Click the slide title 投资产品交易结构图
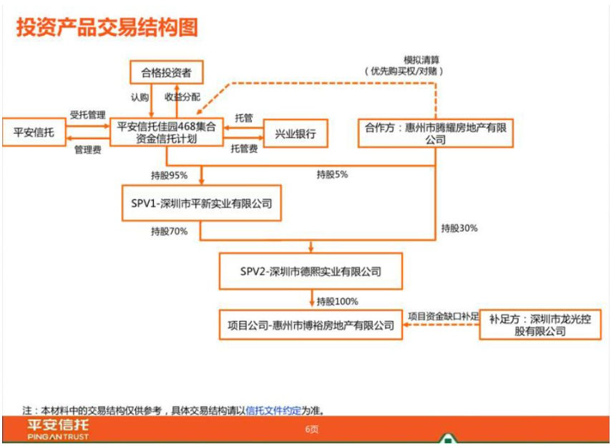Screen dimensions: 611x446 [107, 28]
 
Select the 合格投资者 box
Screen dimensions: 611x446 [167, 72]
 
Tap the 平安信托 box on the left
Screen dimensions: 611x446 [34, 132]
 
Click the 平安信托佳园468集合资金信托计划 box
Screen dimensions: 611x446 [167, 132]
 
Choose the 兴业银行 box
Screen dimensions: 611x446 [295, 134]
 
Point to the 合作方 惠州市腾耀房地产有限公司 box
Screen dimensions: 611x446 [435, 133]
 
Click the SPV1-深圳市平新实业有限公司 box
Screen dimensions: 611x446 [202, 203]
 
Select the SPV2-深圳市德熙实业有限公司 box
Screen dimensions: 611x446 [311, 271]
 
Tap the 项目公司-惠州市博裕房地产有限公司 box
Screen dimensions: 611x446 [311, 325]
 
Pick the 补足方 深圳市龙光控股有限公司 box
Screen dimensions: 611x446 [540, 325]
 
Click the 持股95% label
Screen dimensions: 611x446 [169, 176]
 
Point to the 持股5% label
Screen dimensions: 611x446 [332, 174]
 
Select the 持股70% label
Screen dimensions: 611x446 [169, 232]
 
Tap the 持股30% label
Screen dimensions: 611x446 [459, 228]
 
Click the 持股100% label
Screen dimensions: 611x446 [338, 301]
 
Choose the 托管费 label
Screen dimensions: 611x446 [244, 149]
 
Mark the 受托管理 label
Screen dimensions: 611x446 [88, 115]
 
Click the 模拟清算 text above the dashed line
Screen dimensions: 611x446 [421, 60]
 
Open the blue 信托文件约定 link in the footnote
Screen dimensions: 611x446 [273, 410]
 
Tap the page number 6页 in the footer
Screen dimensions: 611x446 [312, 430]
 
